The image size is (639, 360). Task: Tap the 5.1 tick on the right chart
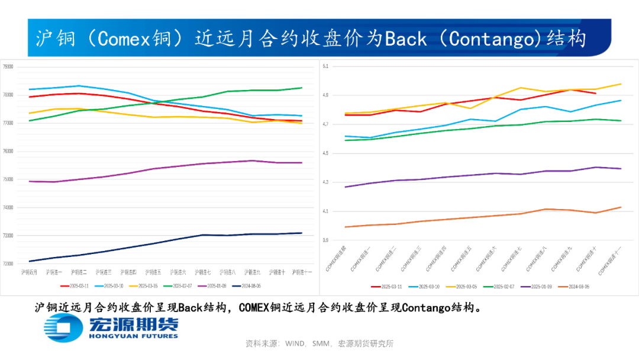[x=325, y=67]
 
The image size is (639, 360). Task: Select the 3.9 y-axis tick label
[x=325, y=240]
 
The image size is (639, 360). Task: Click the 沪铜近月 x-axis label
[x=29, y=272]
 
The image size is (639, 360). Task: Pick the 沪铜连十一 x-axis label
[x=302, y=272]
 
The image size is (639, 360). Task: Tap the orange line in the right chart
[x=473, y=217]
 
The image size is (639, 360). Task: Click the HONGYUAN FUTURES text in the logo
[x=133, y=336]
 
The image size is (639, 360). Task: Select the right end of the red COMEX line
[x=595, y=93]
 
